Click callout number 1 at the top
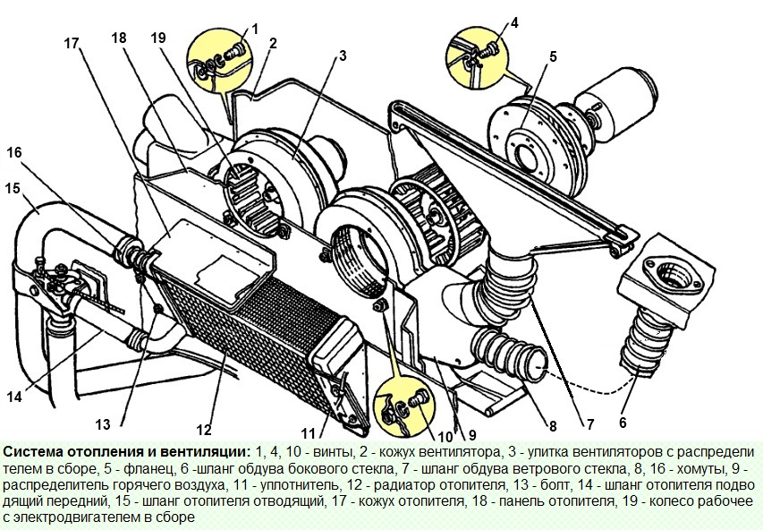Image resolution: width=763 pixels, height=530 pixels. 254,29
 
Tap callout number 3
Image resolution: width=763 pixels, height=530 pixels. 342,56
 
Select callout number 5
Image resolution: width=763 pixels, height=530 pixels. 553,56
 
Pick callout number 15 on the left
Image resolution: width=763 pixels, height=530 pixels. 12,189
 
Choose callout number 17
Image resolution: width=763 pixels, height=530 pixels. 72,42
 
